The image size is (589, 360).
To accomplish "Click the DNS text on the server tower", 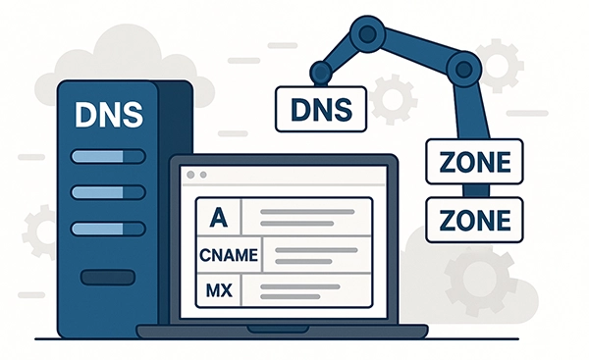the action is (108, 113).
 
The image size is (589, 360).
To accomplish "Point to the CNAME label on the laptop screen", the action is (228, 255).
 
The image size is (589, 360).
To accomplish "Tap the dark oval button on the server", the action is (107, 278).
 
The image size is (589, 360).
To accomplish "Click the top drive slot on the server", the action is (107, 157).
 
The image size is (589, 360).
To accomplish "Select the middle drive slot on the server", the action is (107, 192).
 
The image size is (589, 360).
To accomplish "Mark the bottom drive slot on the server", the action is (107, 229).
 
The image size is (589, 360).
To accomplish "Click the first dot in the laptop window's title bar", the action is (189, 175).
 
